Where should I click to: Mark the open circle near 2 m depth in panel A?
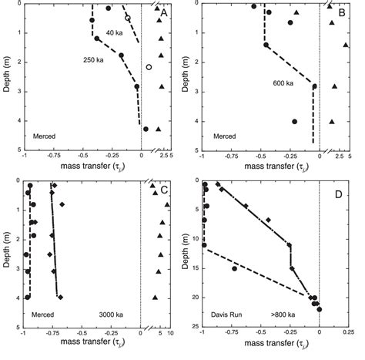[149, 68]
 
